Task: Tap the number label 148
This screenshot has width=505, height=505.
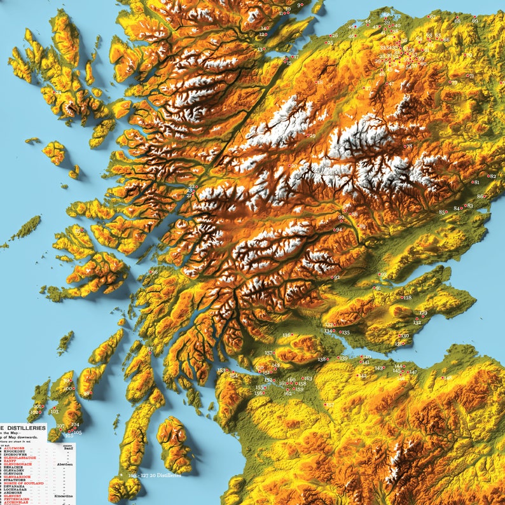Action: tap(448, 378)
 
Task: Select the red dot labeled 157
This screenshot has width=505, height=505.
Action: tap(325, 404)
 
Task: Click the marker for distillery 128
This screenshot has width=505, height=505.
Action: tap(401, 297)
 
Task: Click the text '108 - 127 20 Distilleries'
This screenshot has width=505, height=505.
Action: tap(155, 474)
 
